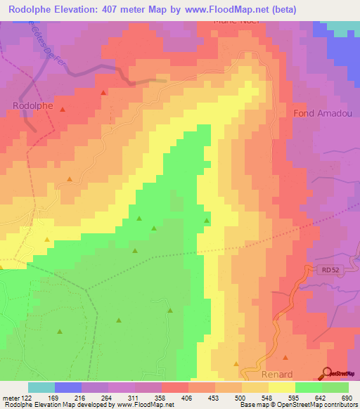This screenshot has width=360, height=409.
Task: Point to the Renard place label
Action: pos(276,375)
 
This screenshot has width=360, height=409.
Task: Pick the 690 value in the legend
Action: pos(347,397)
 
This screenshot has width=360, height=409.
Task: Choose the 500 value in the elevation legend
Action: pos(240,397)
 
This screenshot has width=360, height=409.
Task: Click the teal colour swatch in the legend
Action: pos(41,387)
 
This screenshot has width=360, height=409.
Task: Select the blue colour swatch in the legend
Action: pos(68,387)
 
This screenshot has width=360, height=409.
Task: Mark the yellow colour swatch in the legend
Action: pos(281,387)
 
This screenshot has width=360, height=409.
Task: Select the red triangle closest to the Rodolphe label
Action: pos(62,110)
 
